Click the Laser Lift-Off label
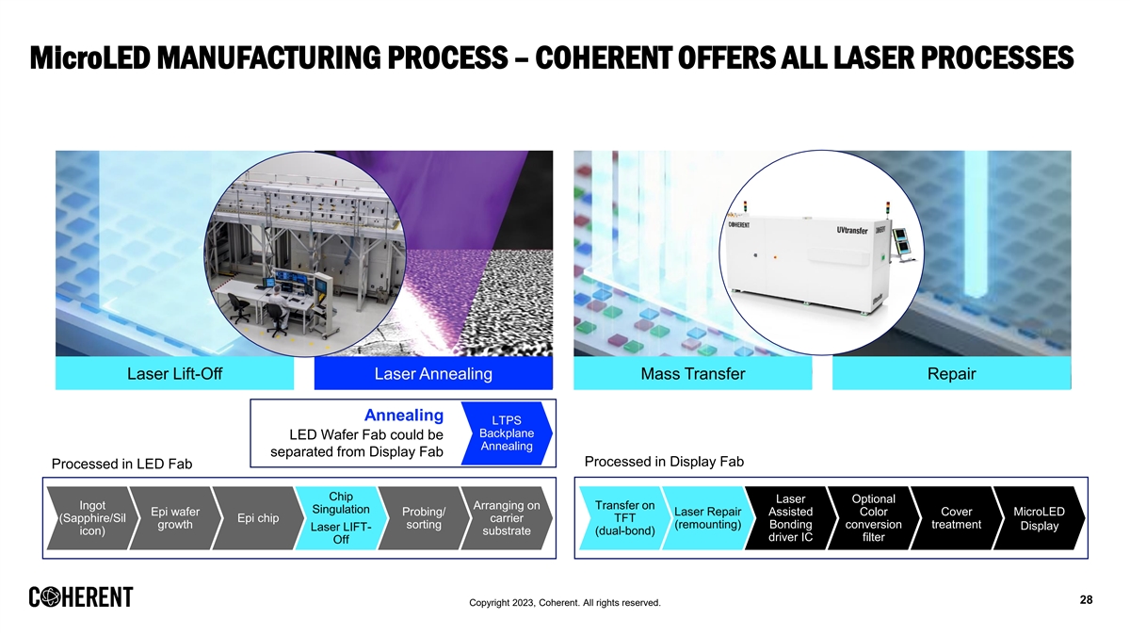(x=174, y=374)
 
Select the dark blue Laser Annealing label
(x=433, y=374)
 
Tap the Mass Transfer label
(x=692, y=374)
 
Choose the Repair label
(x=951, y=374)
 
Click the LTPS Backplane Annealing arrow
(x=507, y=433)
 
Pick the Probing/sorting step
(x=423, y=518)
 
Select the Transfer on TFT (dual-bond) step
(x=625, y=518)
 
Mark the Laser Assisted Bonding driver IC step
(x=790, y=518)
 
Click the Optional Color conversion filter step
(x=873, y=518)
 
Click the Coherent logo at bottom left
(x=81, y=598)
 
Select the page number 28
(x=1085, y=600)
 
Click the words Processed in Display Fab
(x=664, y=462)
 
